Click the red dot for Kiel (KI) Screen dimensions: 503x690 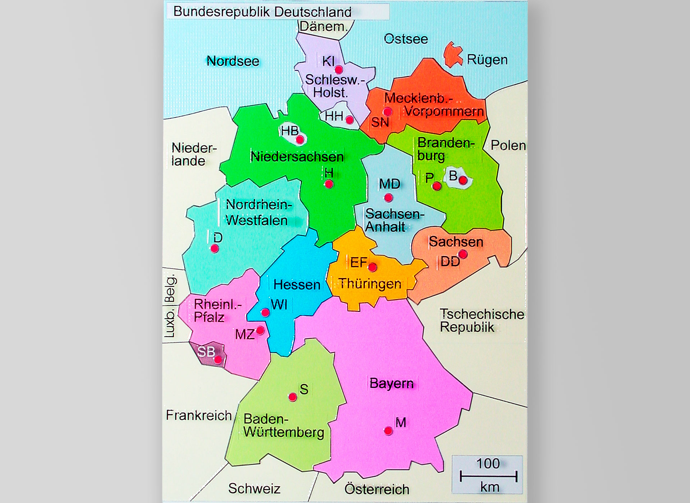click(x=339, y=69)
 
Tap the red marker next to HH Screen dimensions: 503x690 click(x=350, y=120)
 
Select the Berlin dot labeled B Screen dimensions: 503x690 click(x=463, y=180)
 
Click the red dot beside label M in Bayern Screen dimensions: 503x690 click(x=388, y=431)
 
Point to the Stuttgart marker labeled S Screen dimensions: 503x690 click(x=293, y=397)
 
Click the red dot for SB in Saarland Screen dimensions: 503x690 click(x=218, y=360)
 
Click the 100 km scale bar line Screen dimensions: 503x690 click(x=488, y=476)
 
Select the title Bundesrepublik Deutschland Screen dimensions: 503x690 click(x=262, y=12)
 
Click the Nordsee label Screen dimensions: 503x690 click(x=233, y=61)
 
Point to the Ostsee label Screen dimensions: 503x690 click(x=406, y=39)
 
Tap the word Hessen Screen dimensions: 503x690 click(x=297, y=285)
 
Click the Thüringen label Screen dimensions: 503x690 click(x=370, y=284)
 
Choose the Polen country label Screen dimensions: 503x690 click(x=508, y=146)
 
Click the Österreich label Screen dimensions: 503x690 click(x=377, y=489)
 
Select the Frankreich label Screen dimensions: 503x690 click(x=199, y=415)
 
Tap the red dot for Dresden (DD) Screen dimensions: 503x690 click(x=463, y=254)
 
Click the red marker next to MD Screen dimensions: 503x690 click(x=388, y=198)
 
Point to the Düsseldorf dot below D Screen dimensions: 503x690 click(x=215, y=248)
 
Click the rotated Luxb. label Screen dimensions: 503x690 click(x=169, y=323)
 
